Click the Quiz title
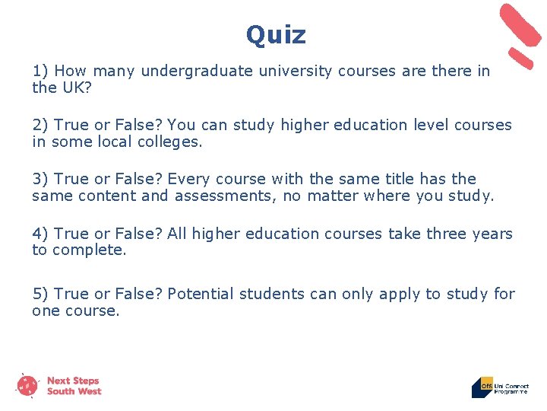tap(276, 34)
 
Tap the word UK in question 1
tap(71, 88)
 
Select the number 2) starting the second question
tap(40, 125)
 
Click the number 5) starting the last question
tap(40, 294)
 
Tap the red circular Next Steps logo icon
tap(28, 386)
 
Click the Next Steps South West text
tap(74, 386)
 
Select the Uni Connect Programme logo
tap(499, 387)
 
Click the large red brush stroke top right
tap(520, 25)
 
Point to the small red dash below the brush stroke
tap(521, 59)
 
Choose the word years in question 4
tap(489, 234)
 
